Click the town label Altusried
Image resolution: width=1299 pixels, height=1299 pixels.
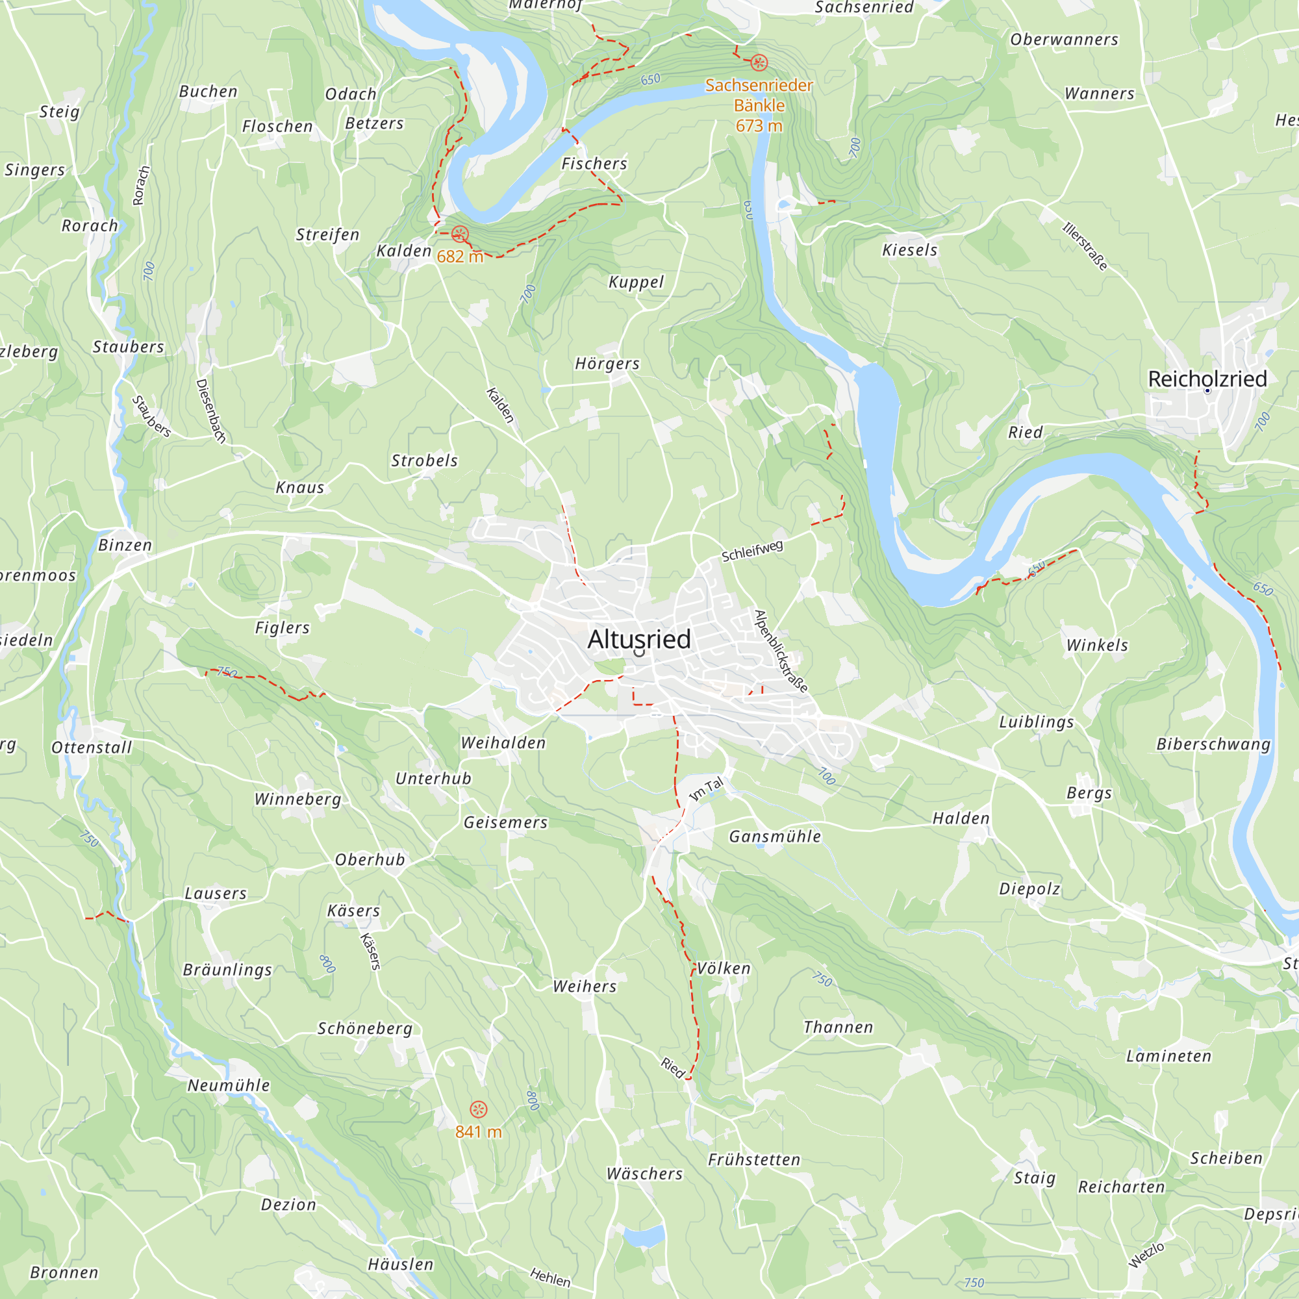point(638,639)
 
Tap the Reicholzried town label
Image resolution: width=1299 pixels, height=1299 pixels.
point(1207,379)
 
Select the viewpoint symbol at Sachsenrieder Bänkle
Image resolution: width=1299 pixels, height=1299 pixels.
point(759,63)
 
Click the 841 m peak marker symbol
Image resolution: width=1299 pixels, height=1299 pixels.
point(478,1109)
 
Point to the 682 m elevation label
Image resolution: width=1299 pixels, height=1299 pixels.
point(460,257)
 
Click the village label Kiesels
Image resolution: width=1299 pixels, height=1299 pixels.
point(910,250)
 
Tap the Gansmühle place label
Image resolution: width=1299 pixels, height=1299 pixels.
point(776,837)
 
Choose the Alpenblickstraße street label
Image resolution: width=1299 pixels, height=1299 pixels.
point(781,651)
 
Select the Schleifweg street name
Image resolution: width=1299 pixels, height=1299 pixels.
point(752,551)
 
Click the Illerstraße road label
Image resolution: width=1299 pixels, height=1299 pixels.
point(1085,246)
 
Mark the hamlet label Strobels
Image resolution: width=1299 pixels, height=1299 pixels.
point(424,460)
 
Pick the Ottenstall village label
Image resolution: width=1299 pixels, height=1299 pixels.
point(92,748)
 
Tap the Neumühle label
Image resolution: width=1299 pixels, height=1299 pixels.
point(229,1085)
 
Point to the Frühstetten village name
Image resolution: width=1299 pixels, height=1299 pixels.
point(754,1160)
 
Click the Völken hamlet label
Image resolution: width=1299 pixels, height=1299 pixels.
point(724,969)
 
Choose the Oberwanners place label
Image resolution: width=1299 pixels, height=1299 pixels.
point(1065,40)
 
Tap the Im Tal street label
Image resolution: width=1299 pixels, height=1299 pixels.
point(707,788)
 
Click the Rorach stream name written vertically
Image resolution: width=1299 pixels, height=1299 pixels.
point(140,186)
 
